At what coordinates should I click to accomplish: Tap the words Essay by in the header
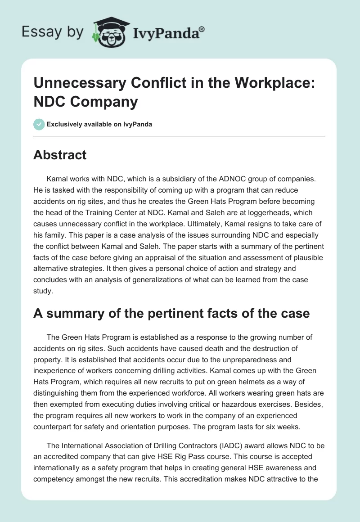pos(52,32)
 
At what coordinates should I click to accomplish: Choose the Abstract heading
pos(60,155)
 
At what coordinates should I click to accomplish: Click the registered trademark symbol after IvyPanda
pos(202,29)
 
